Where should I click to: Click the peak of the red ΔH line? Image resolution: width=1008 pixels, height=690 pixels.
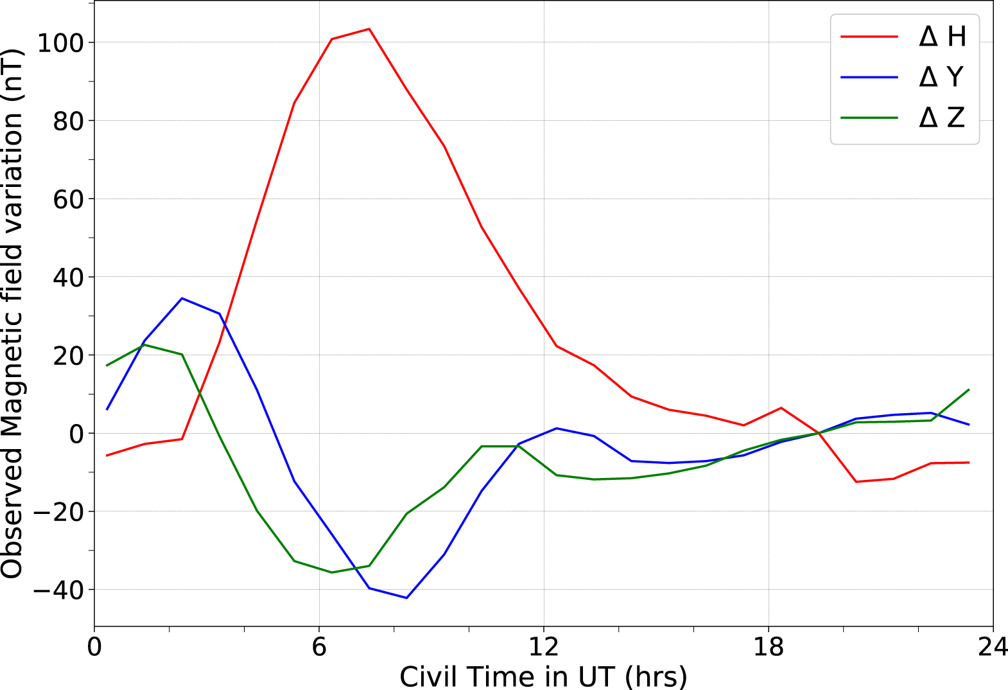tap(369, 29)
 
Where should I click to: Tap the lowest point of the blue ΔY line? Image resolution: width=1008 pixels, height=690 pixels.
tap(406, 598)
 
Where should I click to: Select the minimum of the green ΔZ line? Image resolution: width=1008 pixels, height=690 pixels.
tap(332, 572)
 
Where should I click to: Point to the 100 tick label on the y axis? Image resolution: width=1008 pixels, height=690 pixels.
tap(61, 43)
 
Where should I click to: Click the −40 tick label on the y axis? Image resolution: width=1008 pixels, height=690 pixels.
tap(58, 590)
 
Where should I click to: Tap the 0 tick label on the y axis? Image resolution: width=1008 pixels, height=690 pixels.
tap(76, 434)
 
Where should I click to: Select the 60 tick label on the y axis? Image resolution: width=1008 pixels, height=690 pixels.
tap(68, 200)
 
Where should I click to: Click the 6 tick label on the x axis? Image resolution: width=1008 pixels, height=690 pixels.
tap(319, 647)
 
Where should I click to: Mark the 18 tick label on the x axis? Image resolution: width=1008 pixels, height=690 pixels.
tap(769, 647)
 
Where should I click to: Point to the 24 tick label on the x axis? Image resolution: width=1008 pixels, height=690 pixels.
tap(993, 647)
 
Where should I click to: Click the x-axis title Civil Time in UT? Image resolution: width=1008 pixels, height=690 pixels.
tap(543, 677)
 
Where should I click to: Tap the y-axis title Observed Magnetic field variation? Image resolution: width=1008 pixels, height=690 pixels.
tap(13, 314)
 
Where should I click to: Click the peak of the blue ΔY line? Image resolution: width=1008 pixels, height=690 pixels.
tap(182, 298)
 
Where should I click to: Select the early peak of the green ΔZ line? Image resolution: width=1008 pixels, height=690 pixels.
tap(144, 345)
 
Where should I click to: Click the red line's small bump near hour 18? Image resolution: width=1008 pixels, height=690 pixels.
tap(781, 408)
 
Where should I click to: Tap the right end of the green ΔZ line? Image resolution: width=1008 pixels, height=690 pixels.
tap(969, 389)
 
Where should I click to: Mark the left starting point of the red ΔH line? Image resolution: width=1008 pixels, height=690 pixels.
tap(107, 456)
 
